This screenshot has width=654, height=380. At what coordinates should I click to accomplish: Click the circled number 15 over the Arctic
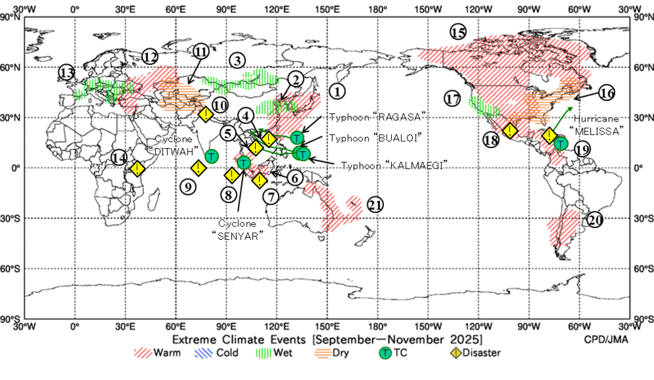click(x=458, y=32)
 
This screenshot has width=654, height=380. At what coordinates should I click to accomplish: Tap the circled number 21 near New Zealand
click(x=375, y=205)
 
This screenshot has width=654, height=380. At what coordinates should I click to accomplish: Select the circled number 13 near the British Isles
click(x=66, y=73)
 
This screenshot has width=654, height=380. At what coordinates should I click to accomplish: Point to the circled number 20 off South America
click(x=595, y=220)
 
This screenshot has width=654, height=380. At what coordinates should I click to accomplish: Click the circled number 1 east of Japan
click(x=338, y=91)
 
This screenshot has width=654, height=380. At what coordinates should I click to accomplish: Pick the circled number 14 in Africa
click(x=120, y=158)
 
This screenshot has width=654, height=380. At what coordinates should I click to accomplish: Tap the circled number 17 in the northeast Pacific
click(x=452, y=99)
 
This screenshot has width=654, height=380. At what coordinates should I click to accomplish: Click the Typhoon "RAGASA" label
click(x=376, y=117)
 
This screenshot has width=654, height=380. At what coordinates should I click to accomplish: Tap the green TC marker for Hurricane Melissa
click(x=561, y=143)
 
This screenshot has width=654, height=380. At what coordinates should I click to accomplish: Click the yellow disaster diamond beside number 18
click(x=510, y=131)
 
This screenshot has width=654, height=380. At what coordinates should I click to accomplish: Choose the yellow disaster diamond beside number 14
click(x=137, y=169)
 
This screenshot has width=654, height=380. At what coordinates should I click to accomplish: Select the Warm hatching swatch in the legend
click(x=143, y=353)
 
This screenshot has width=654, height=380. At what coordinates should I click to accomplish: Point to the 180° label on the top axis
click(x=377, y=9)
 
